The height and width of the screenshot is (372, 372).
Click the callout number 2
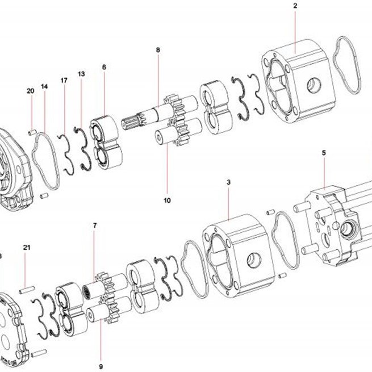coord(295,6)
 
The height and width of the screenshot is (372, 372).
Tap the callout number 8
coord(158,50)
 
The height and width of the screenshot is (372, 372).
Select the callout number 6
coord(104,67)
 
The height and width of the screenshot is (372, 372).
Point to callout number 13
coord(81,74)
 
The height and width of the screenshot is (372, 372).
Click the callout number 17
coord(64,81)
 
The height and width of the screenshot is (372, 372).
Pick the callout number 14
coord(44,86)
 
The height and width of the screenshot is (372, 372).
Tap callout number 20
coord(30,91)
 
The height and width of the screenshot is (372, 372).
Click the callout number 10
coord(167,200)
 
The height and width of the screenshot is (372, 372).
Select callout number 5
coord(324,153)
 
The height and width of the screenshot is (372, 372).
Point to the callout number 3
coord(228,182)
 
